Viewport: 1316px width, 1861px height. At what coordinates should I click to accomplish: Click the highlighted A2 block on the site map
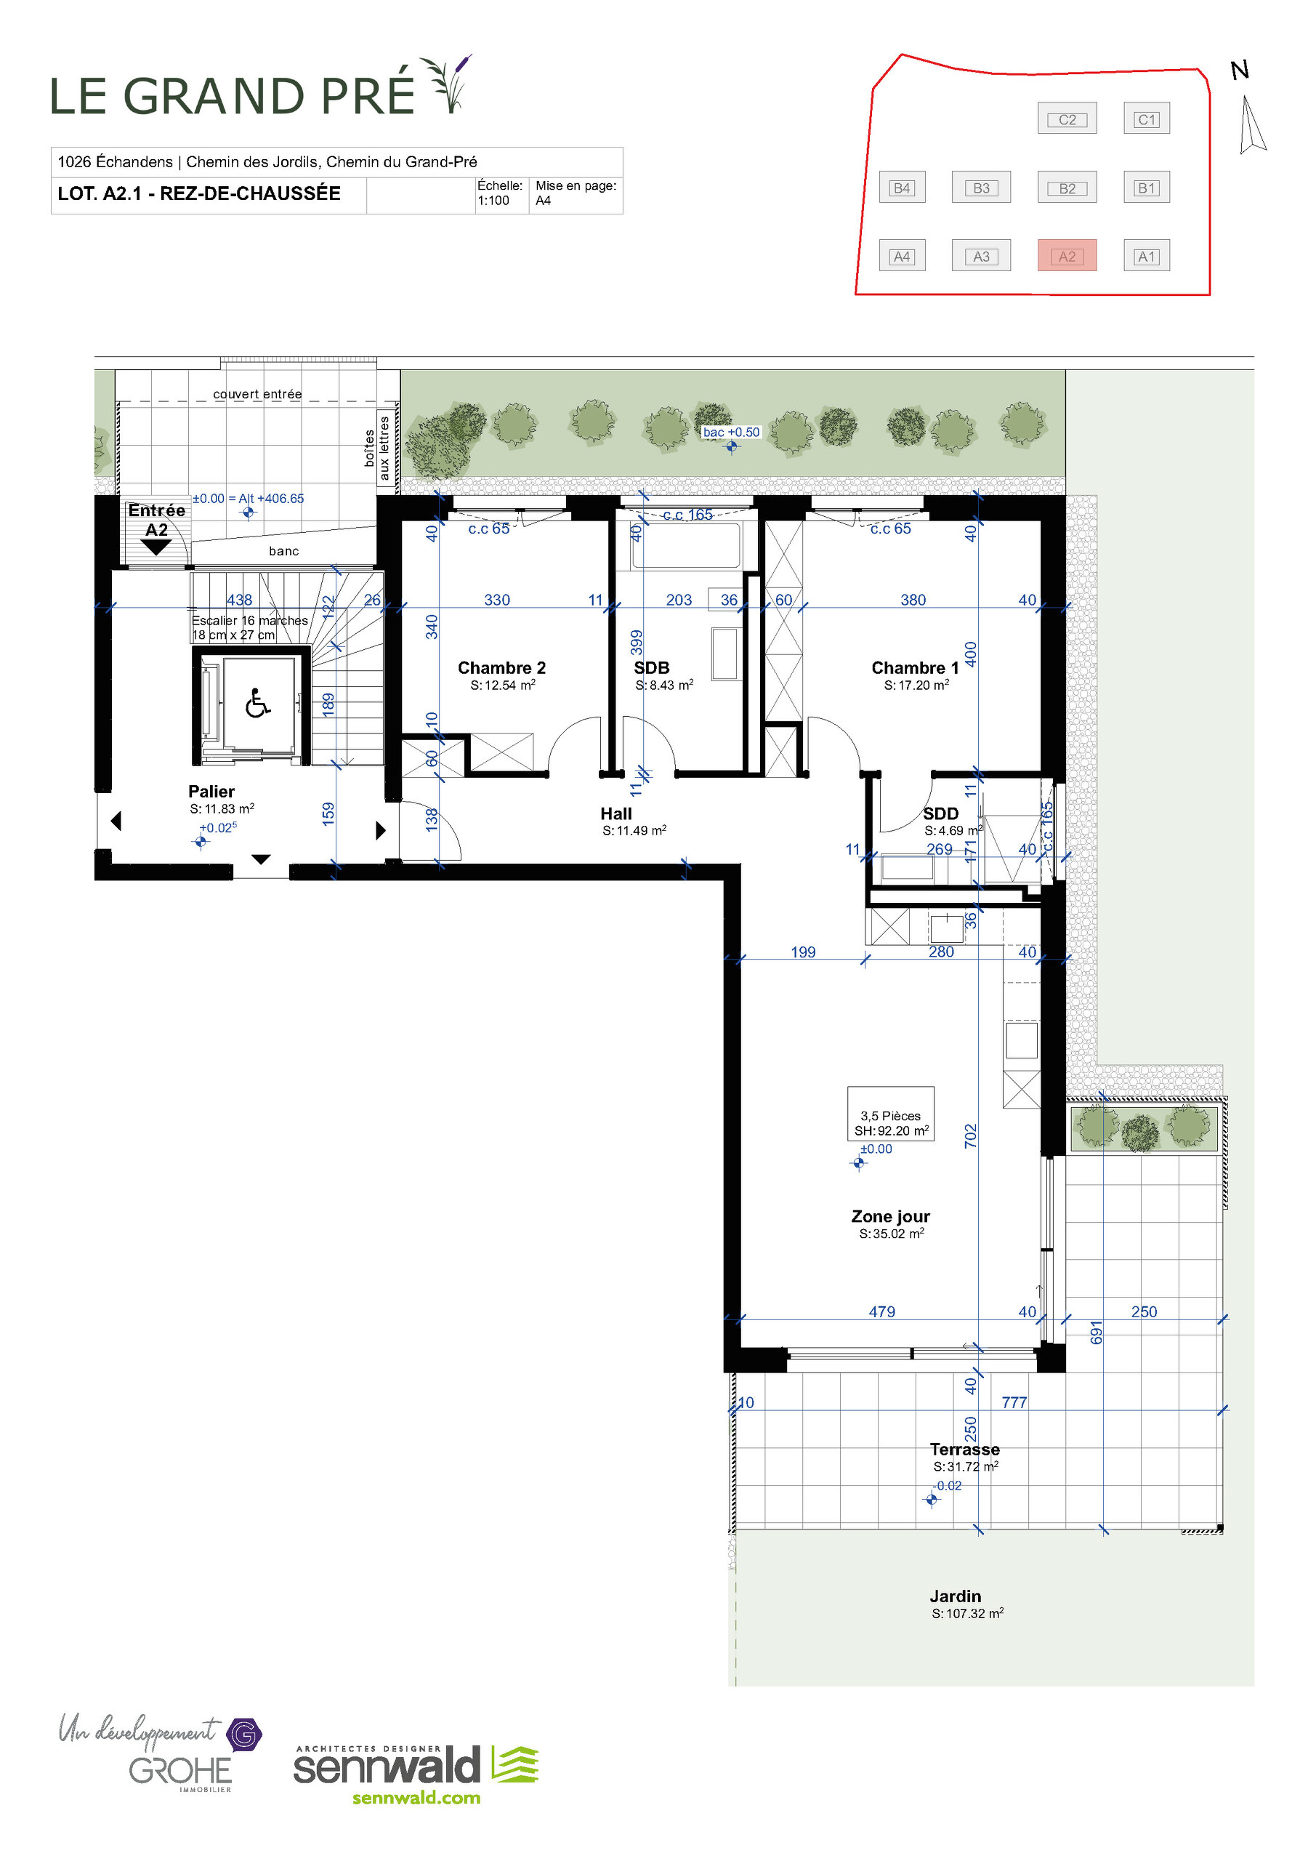click(1067, 255)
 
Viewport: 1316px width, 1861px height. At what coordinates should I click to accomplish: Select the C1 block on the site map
click(1146, 118)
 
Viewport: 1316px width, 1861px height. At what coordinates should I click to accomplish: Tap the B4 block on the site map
click(901, 188)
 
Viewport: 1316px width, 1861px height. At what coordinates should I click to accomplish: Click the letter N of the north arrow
click(1239, 71)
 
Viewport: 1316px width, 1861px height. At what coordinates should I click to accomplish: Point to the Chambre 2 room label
click(501, 667)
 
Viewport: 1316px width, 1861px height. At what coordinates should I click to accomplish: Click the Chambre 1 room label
click(914, 667)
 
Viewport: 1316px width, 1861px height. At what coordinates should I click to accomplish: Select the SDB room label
click(652, 667)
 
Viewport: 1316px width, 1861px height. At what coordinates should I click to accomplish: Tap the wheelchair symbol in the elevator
click(258, 703)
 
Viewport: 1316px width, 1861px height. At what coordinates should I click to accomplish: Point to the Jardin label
click(955, 1595)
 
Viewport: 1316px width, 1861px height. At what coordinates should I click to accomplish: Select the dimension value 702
click(970, 1136)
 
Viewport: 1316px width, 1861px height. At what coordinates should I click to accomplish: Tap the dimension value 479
click(881, 1311)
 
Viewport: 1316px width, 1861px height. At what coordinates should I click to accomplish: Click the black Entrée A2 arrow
click(156, 547)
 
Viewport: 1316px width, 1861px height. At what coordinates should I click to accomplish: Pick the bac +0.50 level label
click(731, 432)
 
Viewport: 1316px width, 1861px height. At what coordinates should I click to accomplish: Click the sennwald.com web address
click(416, 1797)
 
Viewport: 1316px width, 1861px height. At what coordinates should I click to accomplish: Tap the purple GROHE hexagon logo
click(243, 1734)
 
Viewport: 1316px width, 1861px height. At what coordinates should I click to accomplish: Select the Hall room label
click(616, 813)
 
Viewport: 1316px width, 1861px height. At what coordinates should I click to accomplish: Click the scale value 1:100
click(493, 200)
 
